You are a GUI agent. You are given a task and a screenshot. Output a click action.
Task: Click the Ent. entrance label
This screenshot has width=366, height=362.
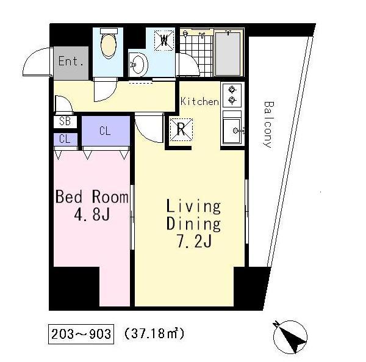click(71, 61)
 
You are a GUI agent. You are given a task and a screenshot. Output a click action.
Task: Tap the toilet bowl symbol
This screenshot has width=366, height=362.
click(109, 43)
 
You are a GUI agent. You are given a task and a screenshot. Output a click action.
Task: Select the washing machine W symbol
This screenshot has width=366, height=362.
click(164, 40)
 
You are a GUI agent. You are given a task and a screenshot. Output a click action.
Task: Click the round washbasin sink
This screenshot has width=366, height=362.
click(138, 65)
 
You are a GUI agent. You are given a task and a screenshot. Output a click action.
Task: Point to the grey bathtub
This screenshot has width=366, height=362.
click(228, 54)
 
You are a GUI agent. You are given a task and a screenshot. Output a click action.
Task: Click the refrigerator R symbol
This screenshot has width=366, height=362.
click(181, 129)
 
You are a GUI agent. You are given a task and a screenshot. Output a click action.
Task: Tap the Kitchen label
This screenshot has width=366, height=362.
click(199, 101)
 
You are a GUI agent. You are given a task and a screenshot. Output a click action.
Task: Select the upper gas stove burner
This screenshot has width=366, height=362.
click(232, 89)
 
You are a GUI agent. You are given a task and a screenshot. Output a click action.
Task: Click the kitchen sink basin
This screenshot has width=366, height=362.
click(232, 130)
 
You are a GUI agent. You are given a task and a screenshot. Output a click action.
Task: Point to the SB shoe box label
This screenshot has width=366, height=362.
click(65, 121)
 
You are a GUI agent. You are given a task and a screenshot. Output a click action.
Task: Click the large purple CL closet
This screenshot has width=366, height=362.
click(106, 131)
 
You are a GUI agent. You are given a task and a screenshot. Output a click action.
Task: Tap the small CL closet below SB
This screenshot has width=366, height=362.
click(65, 139)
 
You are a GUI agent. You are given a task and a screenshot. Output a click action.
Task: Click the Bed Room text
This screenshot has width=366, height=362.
click(92, 197)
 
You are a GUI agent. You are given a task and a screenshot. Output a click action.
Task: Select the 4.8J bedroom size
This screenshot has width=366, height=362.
click(92, 214)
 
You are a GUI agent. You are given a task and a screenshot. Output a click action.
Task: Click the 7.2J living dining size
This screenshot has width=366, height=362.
click(194, 241)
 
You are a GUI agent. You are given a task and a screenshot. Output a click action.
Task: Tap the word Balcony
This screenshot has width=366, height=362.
click(268, 125)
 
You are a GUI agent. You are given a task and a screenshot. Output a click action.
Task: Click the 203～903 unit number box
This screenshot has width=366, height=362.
click(81, 334)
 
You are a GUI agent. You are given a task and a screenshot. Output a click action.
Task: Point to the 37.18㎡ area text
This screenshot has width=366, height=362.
click(154, 333)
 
